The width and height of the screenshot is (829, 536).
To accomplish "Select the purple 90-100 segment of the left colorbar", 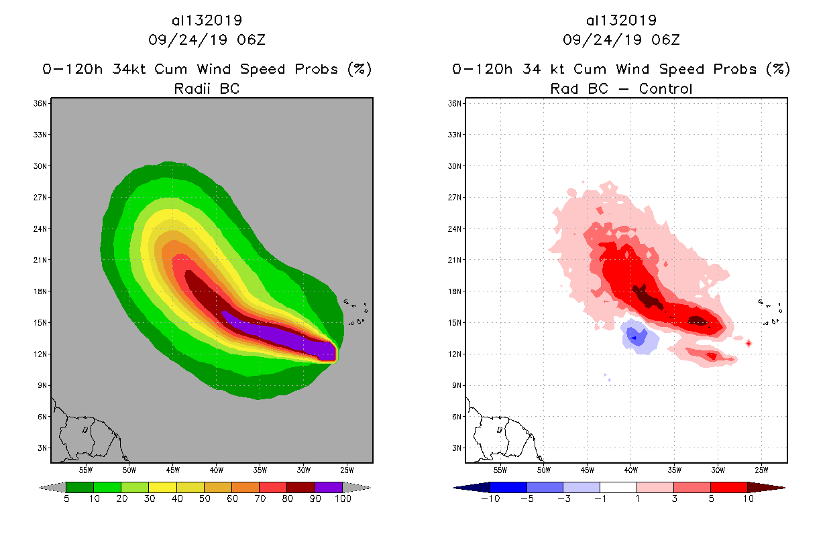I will pos(329,487).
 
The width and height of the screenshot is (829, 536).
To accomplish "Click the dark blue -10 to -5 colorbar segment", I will pos(508,487).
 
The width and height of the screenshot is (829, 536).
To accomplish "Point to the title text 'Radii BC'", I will pos(207,88).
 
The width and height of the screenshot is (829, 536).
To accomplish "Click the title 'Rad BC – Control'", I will pos(621,88).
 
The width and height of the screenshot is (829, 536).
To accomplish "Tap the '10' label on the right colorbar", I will pos(747,498).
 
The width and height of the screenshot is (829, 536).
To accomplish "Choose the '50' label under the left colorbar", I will pos(205,498).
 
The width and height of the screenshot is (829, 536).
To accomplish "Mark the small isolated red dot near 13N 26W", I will pos(749,343).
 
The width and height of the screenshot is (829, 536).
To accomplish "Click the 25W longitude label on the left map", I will pos(347,470).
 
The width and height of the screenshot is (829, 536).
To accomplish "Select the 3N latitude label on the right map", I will pos(456,448).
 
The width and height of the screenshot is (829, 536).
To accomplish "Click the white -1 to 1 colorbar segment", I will pos(618,487).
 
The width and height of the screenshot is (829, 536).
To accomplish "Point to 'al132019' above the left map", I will pos(207,20).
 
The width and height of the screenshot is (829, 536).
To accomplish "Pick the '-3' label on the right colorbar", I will pos(563,498).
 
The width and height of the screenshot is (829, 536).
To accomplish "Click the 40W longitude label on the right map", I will pos(630,470).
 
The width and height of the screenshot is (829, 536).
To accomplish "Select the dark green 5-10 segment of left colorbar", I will pos(80,487).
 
